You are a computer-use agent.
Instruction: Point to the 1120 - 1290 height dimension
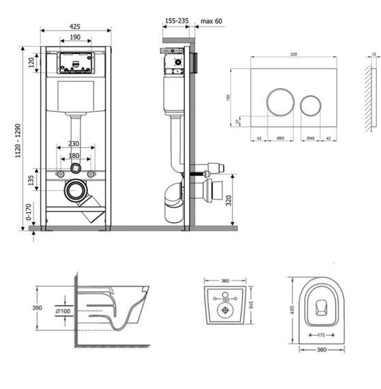[25, 139]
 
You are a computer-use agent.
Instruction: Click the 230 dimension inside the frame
[76, 145]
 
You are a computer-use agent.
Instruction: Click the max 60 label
[212, 21]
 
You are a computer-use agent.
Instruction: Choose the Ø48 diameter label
[311, 139]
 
